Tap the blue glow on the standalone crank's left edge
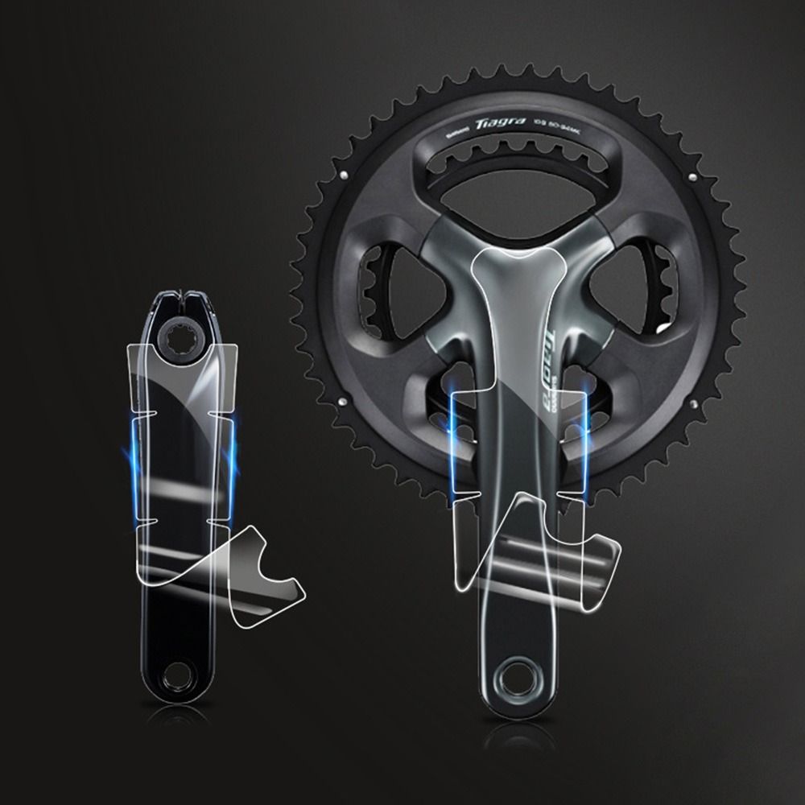130,467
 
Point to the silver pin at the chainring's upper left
344,174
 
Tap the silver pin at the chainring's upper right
691,175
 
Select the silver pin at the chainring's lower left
344,400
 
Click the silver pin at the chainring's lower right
690,400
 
